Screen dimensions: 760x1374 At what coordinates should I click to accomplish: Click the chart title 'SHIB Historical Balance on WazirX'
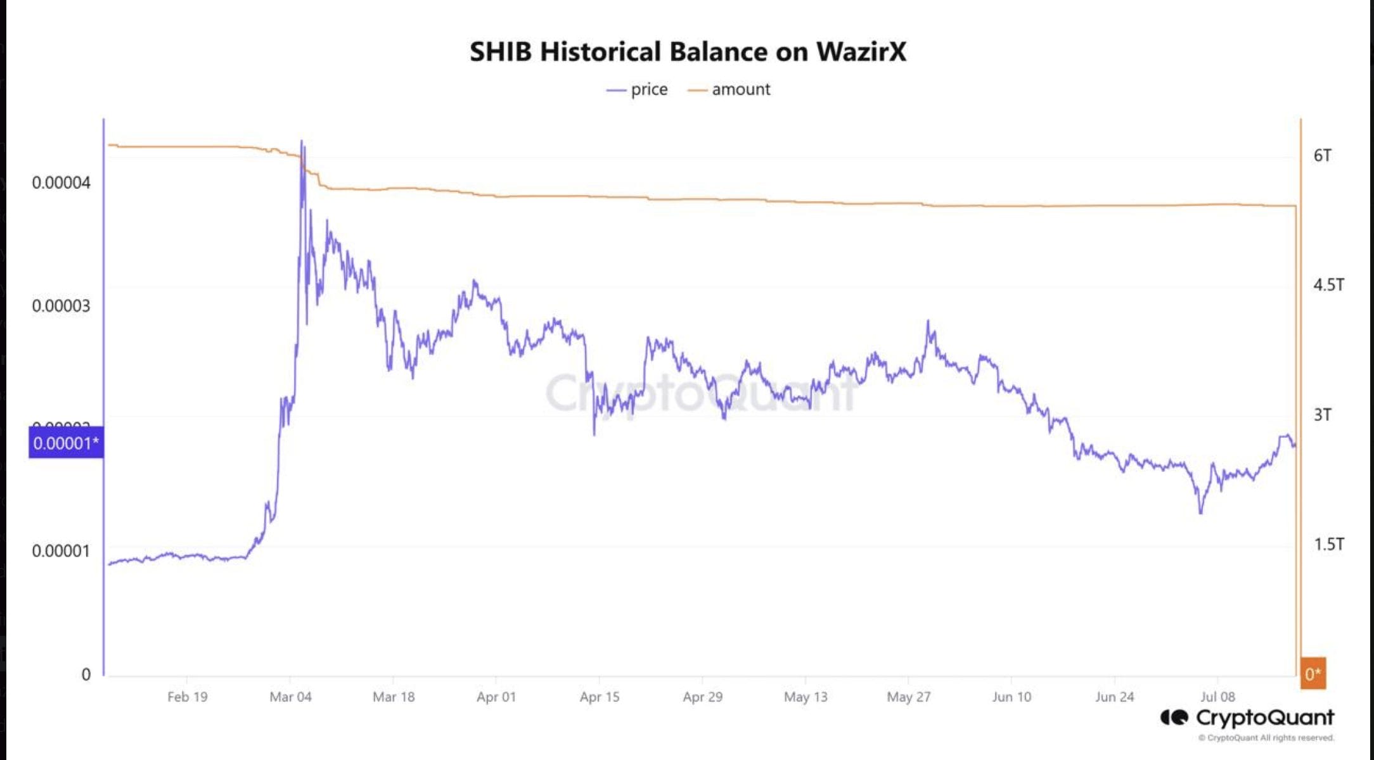click(x=688, y=52)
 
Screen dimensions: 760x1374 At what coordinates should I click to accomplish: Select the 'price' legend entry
click(x=638, y=90)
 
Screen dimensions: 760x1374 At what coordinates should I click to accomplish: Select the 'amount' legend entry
click(x=729, y=90)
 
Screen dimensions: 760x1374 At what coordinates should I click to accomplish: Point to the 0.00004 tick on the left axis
click(x=61, y=183)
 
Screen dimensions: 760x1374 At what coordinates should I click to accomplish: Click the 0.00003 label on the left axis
click(x=61, y=306)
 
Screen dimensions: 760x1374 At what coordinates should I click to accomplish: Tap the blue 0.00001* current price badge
click(x=66, y=443)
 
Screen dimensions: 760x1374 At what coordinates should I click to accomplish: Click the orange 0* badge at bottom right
click(x=1313, y=673)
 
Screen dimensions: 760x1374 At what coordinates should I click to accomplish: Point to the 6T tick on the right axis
click(x=1323, y=156)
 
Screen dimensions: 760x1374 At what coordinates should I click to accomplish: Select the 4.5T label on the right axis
click(x=1328, y=285)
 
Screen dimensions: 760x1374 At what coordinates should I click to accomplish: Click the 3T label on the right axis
click(x=1323, y=415)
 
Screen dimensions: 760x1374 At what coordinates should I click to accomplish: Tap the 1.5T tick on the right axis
click(x=1328, y=544)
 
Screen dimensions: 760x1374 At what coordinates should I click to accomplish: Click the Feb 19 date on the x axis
click(x=187, y=697)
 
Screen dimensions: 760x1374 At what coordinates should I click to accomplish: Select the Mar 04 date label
click(x=290, y=697)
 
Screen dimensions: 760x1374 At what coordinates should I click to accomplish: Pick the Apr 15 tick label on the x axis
click(x=600, y=697)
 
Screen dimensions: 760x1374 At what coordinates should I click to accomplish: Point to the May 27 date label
click(x=908, y=697)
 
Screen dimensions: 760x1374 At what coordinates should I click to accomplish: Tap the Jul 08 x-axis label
click(x=1217, y=697)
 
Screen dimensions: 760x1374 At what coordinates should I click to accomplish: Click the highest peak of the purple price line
click(x=302, y=141)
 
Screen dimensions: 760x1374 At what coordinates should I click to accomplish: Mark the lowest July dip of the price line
click(x=1200, y=512)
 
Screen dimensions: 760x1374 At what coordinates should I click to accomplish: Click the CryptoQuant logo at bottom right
click(x=1247, y=718)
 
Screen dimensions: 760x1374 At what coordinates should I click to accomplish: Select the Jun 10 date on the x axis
click(x=1011, y=697)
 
